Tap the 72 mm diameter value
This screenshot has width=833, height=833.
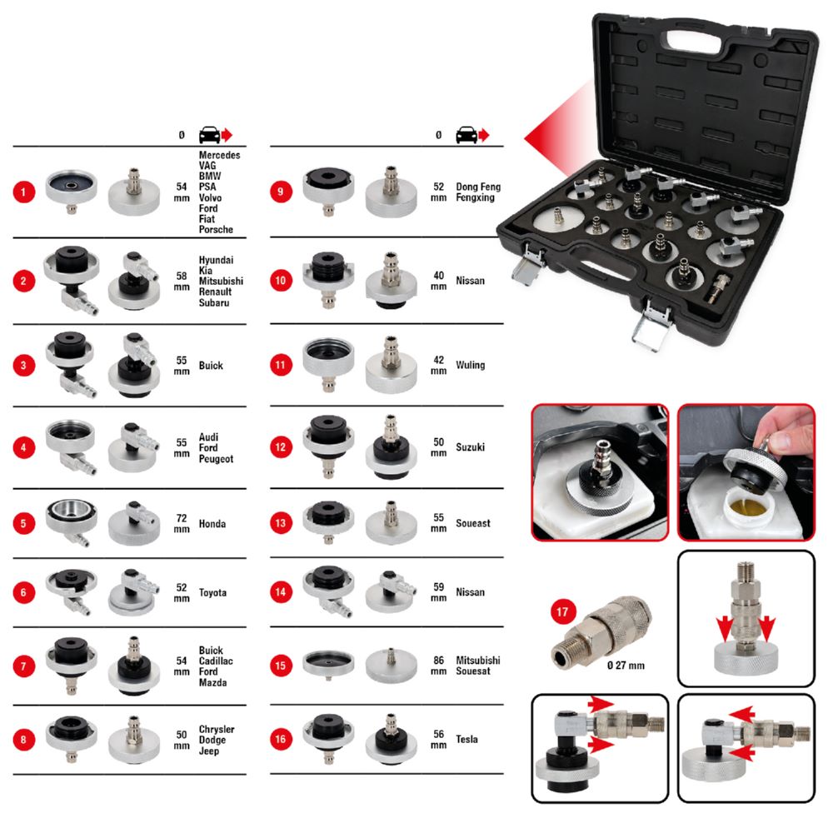pos(181,524)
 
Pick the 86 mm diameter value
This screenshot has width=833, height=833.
pos(438,664)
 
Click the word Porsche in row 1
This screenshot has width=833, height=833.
pos(217,229)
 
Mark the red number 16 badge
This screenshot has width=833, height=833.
pos(282,739)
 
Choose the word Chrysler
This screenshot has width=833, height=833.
pos(217,729)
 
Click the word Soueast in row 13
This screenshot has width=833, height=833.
pos(473,523)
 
